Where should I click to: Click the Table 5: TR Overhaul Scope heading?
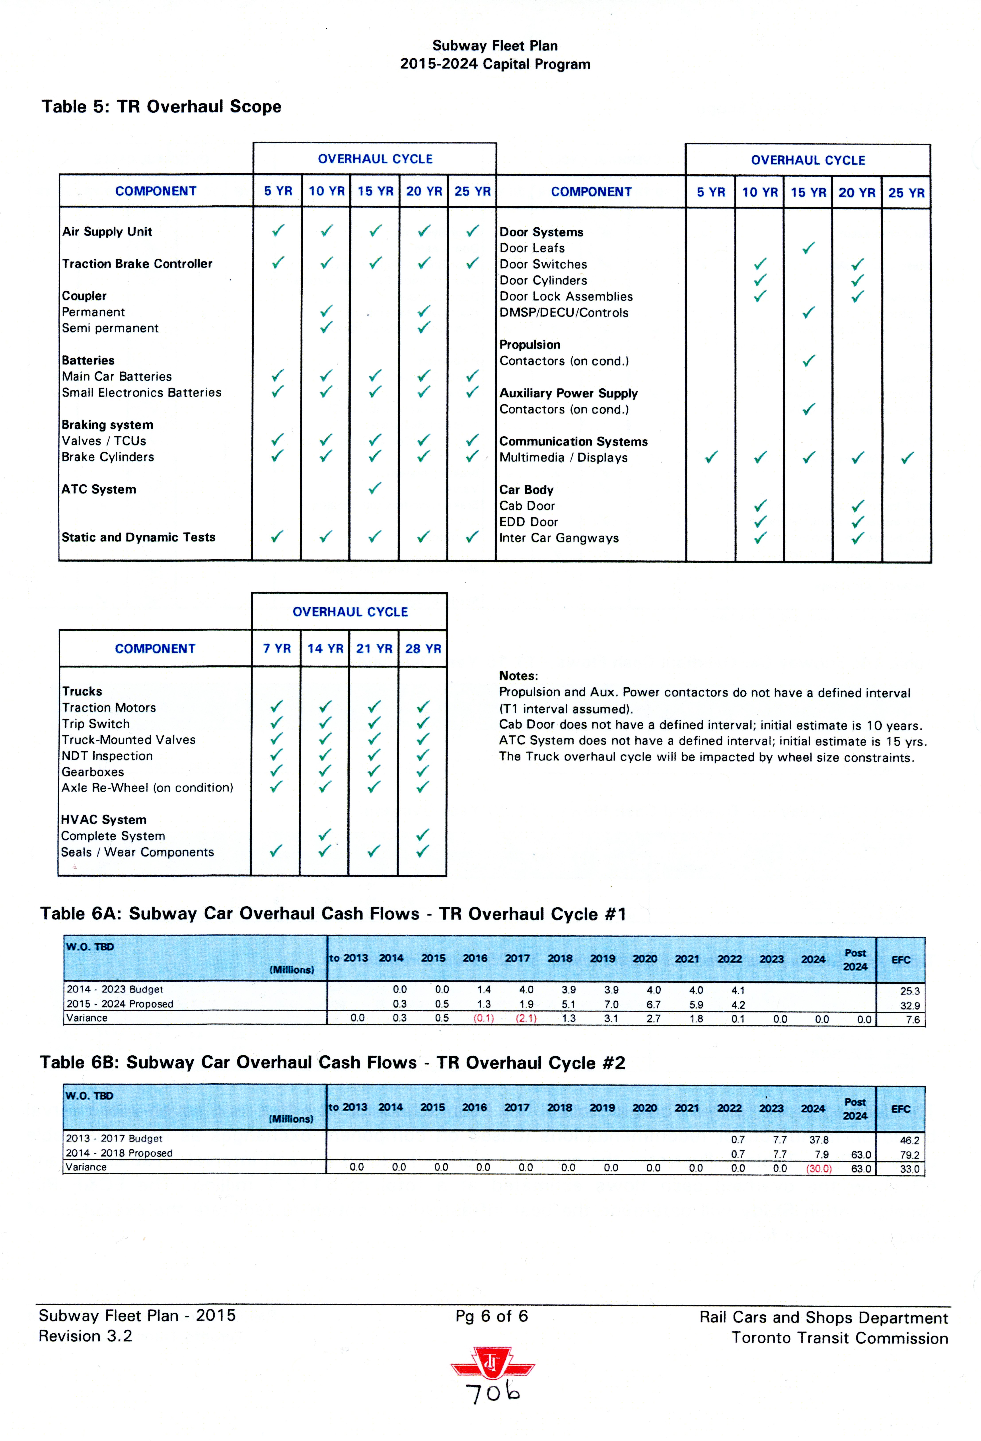click(x=161, y=107)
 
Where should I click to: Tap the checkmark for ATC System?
click(x=375, y=489)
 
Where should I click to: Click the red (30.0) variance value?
click(x=819, y=1168)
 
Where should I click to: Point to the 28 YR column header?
click(x=423, y=649)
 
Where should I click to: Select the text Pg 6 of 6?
click(x=492, y=1316)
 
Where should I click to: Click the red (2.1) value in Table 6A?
click(x=526, y=1018)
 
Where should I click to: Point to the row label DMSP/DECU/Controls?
click(x=564, y=312)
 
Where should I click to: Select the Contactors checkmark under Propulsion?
click(x=808, y=361)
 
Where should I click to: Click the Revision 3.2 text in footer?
click(x=86, y=1336)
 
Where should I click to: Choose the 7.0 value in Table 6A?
click(x=611, y=1004)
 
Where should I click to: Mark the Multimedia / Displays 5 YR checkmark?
click(x=711, y=458)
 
